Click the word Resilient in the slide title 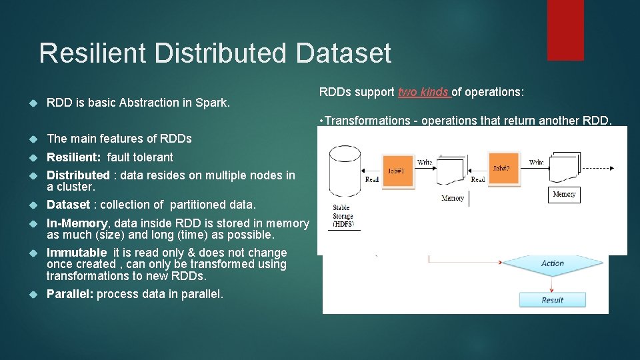point(96,53)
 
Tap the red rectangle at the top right point(565,30)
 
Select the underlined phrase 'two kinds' point(424,92)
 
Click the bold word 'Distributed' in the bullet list point(78,175)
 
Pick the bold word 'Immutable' point(77,253)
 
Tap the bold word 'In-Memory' point(77,223)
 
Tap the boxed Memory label point(564,194)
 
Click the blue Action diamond point(552,263)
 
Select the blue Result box point(552,300)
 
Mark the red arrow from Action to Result point(552,283)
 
